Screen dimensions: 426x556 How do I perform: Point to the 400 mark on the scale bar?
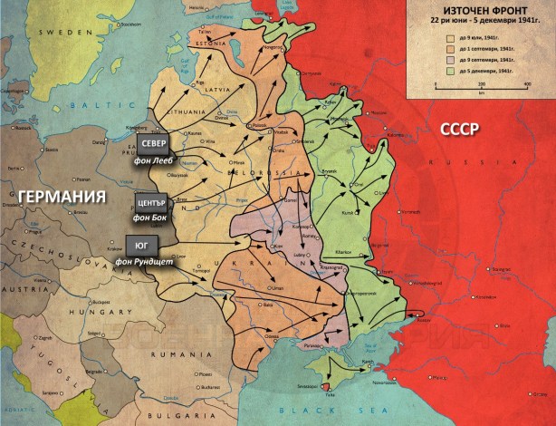(527, 84)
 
